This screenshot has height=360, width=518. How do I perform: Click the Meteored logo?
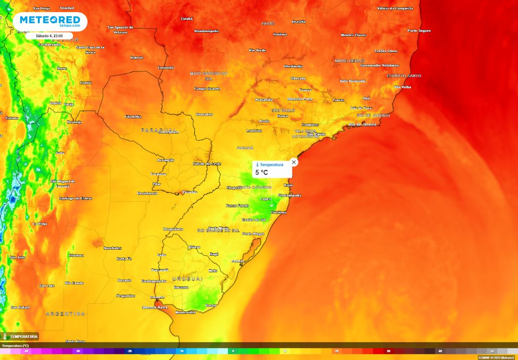coord(50,21)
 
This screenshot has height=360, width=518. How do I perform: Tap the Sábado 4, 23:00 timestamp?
coord(50,35)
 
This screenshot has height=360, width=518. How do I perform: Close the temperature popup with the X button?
coord(294,162)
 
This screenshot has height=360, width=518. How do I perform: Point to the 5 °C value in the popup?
coord(262,173)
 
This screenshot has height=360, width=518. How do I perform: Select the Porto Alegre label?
coord(253,233)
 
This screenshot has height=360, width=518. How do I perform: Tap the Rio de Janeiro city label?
coord(363,124)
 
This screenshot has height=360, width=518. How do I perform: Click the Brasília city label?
coord(299,22)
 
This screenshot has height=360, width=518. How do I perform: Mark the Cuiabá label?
coord(187,18)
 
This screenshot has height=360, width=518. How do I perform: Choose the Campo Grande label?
coord(207,89)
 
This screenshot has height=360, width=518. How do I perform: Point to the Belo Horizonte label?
coord(353,81)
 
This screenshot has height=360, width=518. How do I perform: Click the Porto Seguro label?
coord(419,30)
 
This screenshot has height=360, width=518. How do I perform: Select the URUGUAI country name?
coord(187,278)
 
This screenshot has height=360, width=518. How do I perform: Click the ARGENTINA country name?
coord(65,314)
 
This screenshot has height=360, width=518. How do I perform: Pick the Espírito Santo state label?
coord(404,76)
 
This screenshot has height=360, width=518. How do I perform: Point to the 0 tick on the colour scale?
coord(233,351)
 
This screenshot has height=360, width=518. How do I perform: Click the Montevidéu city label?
coord(185,312)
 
